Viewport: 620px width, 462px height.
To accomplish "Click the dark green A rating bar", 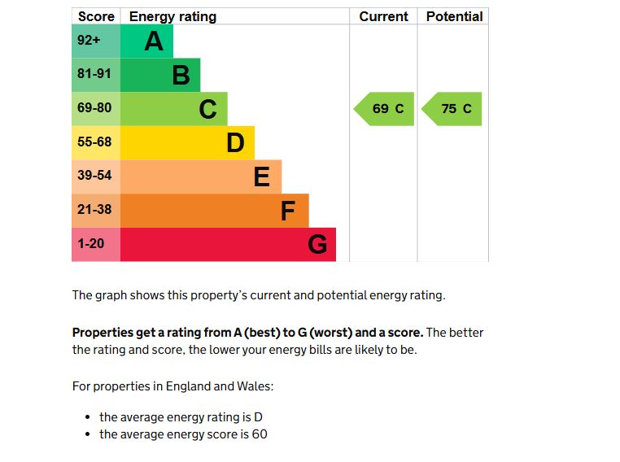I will (146, 41).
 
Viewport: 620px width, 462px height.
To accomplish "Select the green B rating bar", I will (160, 75).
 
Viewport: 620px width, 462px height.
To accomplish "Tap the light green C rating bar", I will (173, 109).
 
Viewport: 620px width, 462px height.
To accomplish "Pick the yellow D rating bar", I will (187, 142).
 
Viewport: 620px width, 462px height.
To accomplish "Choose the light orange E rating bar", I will (201, 177).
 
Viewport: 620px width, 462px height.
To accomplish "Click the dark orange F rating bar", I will (214, 211).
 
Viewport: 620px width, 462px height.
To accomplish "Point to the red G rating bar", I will (228, 244).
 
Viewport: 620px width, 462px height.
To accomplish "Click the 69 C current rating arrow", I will (385, 109).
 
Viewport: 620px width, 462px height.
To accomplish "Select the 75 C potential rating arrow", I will (453, 109).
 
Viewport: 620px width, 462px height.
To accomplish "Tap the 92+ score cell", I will (96, 41).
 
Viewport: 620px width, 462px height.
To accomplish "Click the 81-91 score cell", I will (96, 75).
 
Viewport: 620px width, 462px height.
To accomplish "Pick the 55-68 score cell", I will (96, 142).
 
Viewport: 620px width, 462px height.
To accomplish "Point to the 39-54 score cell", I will (96, 177).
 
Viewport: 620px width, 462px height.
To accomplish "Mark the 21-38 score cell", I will (96, 211).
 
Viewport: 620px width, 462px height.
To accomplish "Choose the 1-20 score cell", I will (96, 244).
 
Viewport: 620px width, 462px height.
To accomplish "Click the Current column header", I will (383, 16).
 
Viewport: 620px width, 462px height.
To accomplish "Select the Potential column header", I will (454, 16).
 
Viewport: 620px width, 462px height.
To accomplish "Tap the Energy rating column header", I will (172, 16).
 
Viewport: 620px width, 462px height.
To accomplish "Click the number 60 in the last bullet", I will (260, 434).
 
